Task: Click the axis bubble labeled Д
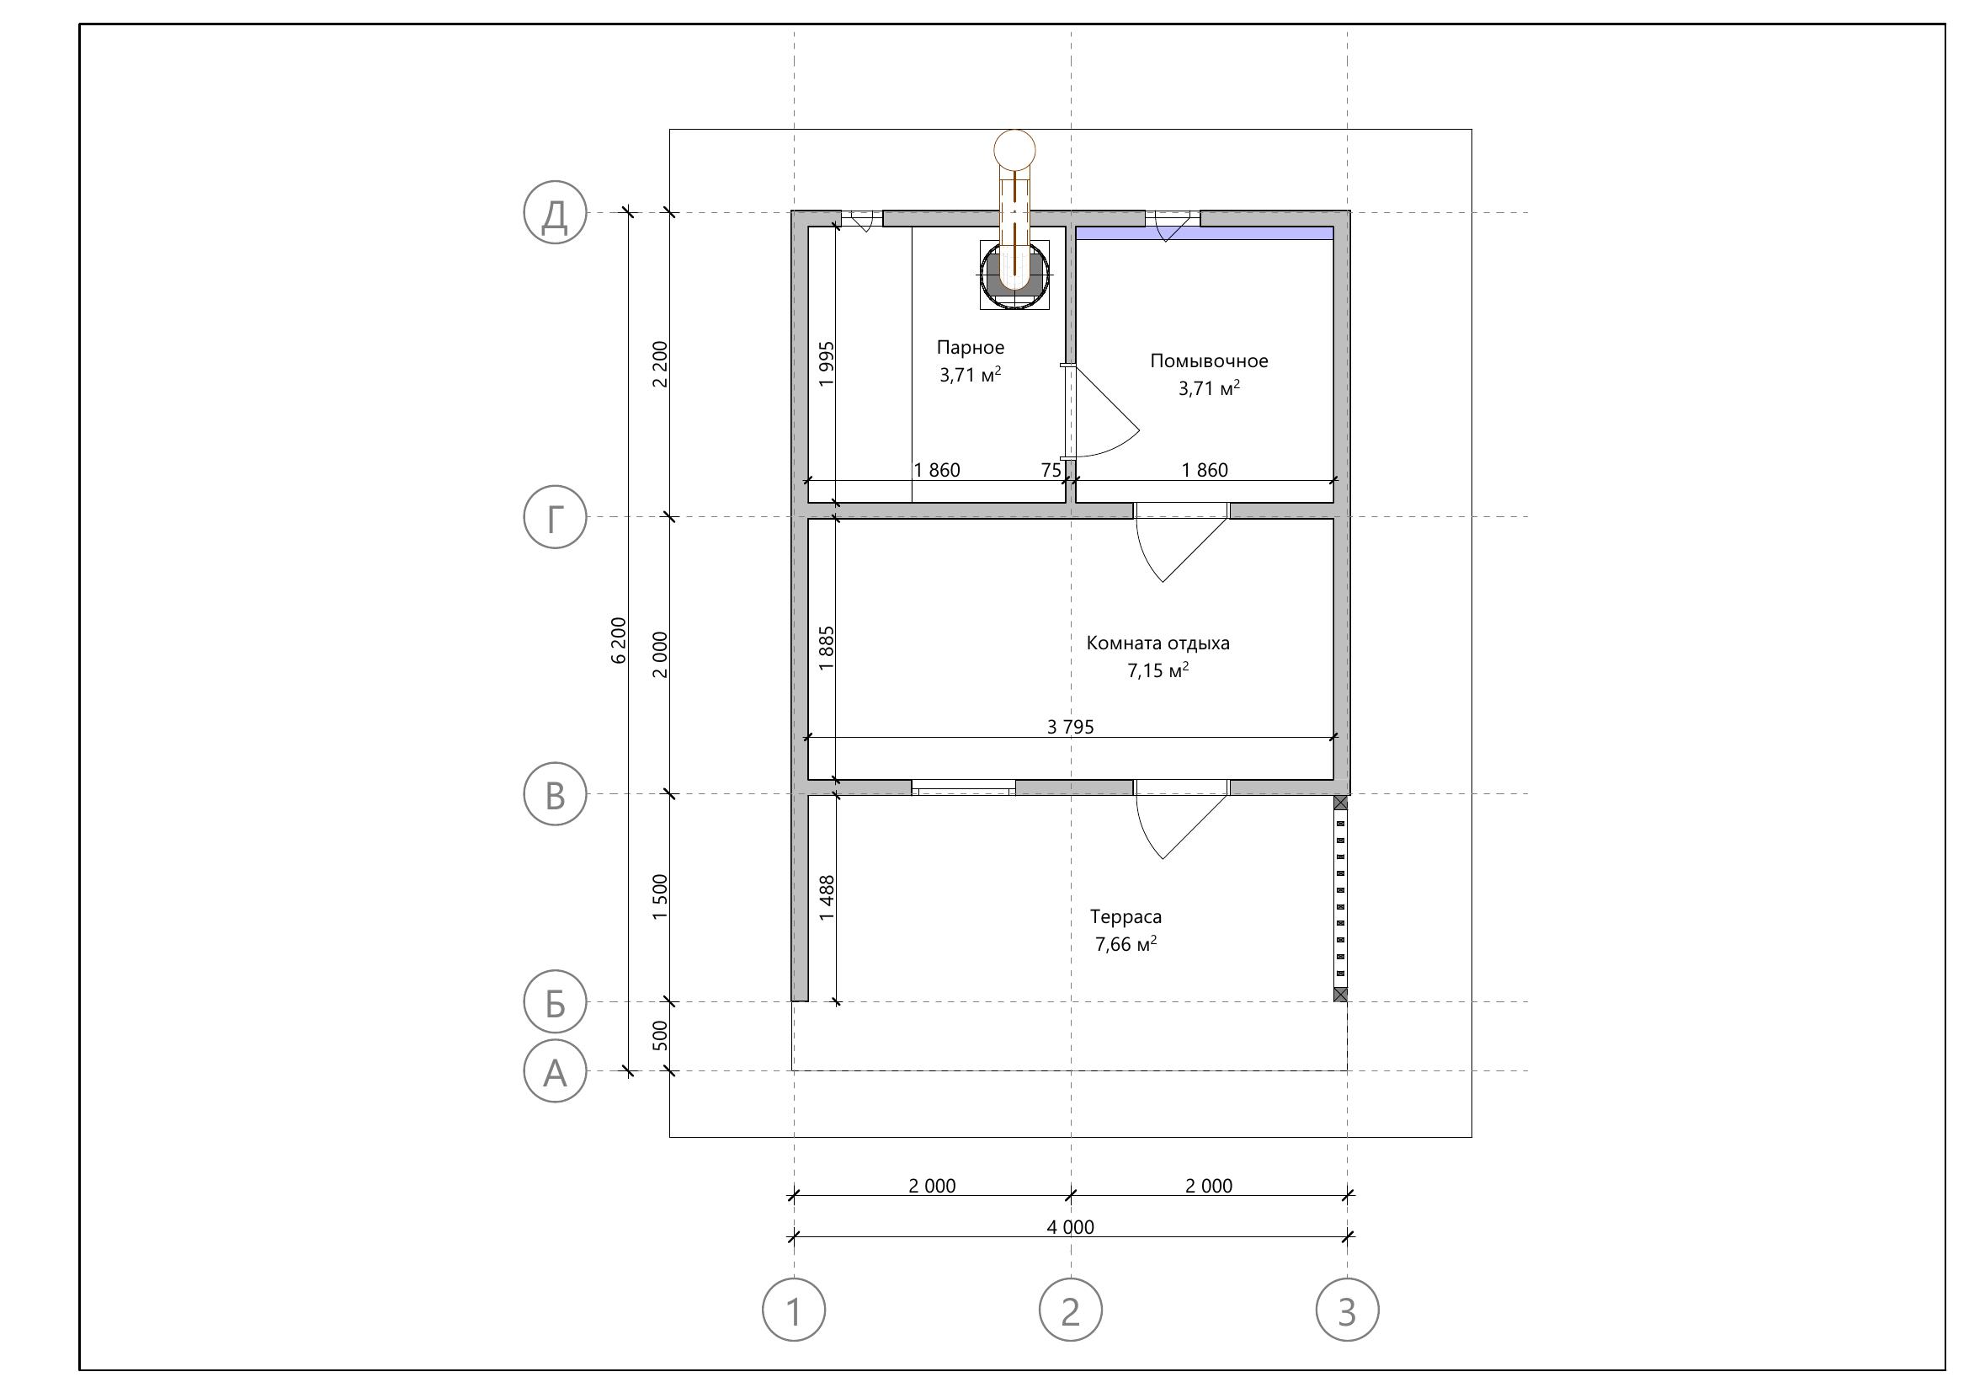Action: click(555, 212)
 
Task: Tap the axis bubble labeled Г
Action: click(555, 517)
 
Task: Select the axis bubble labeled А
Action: click(555, 1071)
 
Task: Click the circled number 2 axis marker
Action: click(1070, 1310)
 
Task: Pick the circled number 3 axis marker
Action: click(1347, 1310)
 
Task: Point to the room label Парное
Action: click(970, 347)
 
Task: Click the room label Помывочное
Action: click(1208, 361)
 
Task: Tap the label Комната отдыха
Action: click(1157, 643)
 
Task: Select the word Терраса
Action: click(1126, 917)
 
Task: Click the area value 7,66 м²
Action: click(1126, 944)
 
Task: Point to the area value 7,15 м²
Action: click(1157, 670)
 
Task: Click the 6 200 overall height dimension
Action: click(620, 640)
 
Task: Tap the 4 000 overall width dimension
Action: click(1070, 1226)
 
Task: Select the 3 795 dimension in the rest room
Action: click(1070, 728)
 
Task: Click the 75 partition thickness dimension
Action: click(1051, 470)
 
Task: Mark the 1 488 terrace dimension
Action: click(827, 898)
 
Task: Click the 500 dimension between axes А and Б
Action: click(659, 1035)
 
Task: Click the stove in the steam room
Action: click(1014, 275)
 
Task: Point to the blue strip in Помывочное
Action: click(1205, 233)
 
